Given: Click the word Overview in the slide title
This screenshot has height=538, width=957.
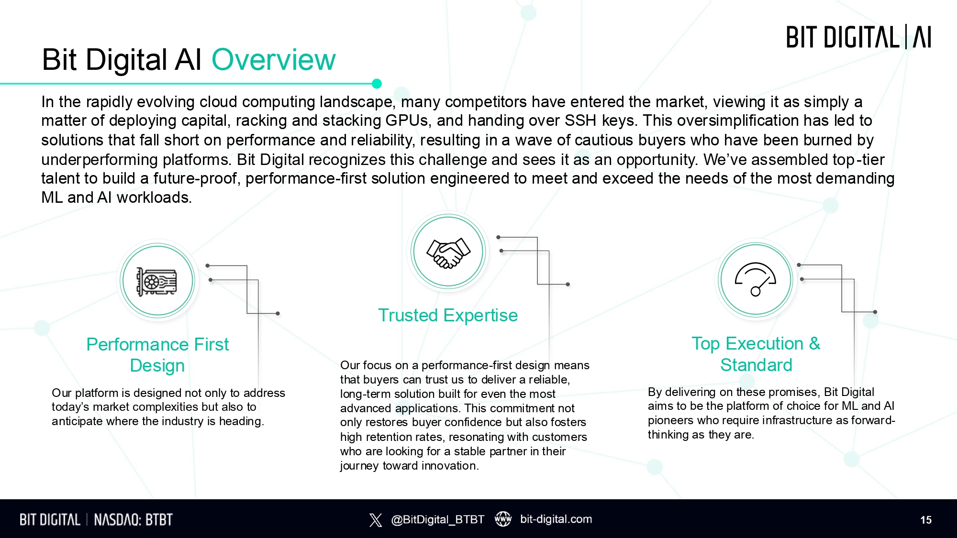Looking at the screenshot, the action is (274, 60).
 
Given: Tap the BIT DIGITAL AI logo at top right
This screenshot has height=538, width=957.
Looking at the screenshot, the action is (859, 37).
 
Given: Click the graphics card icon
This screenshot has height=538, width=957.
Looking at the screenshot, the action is (157, 281).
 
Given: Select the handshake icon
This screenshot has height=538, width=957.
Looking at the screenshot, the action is (448, 253).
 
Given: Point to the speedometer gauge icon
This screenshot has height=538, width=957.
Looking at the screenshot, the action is (756, 279).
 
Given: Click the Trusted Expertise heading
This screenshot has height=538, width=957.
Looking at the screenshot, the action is (448, 316).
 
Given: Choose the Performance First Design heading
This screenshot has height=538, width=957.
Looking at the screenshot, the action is (157, 355).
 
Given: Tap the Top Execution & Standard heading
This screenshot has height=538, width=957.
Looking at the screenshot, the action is (756, 354).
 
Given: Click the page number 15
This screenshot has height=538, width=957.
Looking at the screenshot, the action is (926, 520).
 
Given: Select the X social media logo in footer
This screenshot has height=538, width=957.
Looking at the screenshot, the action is (376, 520).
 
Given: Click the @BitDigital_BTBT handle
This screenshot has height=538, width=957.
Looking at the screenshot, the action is (437, 519).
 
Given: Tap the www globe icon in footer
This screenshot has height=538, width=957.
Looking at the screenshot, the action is (503, 519).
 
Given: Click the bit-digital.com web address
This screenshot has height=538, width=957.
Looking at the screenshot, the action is (556, 519).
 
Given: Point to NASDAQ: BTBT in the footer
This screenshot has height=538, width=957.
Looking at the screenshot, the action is (133, 520).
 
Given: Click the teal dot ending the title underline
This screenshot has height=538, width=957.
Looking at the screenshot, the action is (377, 84).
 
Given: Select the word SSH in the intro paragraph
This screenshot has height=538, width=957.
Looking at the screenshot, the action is (580, 121).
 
